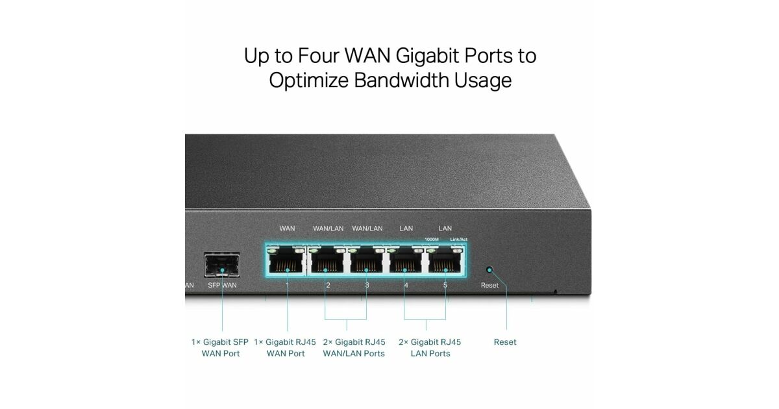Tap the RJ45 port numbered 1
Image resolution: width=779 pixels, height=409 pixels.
click(x=286, y=261)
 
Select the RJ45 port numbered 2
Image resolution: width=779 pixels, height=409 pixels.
click(x=327, y=261)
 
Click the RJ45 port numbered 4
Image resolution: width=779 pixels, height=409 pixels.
click(x=406, y=261)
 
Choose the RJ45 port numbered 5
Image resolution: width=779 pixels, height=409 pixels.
click(x=445, y=261)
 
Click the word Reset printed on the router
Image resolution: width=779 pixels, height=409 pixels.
click(x=489, y=286)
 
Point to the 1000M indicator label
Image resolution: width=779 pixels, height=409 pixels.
click(x=432, y=240)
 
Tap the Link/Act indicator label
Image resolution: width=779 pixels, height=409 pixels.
click(x=458, y=240)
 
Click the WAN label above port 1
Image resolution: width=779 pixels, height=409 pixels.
click(x=287, y=229)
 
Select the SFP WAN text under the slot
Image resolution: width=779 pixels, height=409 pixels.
click(x=223, y=286)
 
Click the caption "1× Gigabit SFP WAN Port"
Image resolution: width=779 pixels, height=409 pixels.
click(x=220, y=347)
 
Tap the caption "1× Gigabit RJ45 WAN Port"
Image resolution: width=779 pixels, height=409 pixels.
click(x=285, y=347)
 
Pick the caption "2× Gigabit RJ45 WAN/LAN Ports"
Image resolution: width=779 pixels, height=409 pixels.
click(x=354, y=347)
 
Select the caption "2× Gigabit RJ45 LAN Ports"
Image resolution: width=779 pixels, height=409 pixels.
click(x=430, y=347)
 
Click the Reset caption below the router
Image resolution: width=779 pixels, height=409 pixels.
click(x=505, y=342)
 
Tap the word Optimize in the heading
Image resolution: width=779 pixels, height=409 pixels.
click(x=308, y=81)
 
